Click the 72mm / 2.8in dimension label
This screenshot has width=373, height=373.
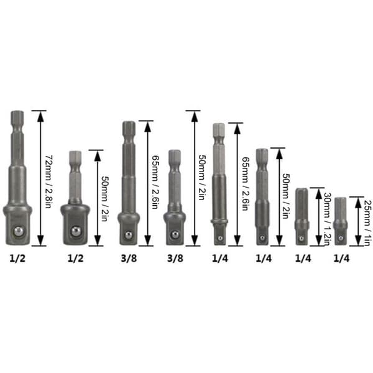click(49, 182)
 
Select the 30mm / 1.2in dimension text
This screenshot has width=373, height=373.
click(327, 219)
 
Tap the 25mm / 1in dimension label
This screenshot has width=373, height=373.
click(367, 223)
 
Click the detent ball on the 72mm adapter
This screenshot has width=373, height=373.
click(19, 231)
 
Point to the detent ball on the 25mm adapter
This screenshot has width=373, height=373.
click(341, 238)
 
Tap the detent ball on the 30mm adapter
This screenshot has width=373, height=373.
click(302, 238)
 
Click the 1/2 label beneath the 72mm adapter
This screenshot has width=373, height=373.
click(17, 259)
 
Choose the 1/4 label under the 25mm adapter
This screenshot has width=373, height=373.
click(341, 259)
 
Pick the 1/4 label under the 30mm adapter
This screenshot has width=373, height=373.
click(303, 259)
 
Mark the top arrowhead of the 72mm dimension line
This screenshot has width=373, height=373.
click(40, 116)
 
